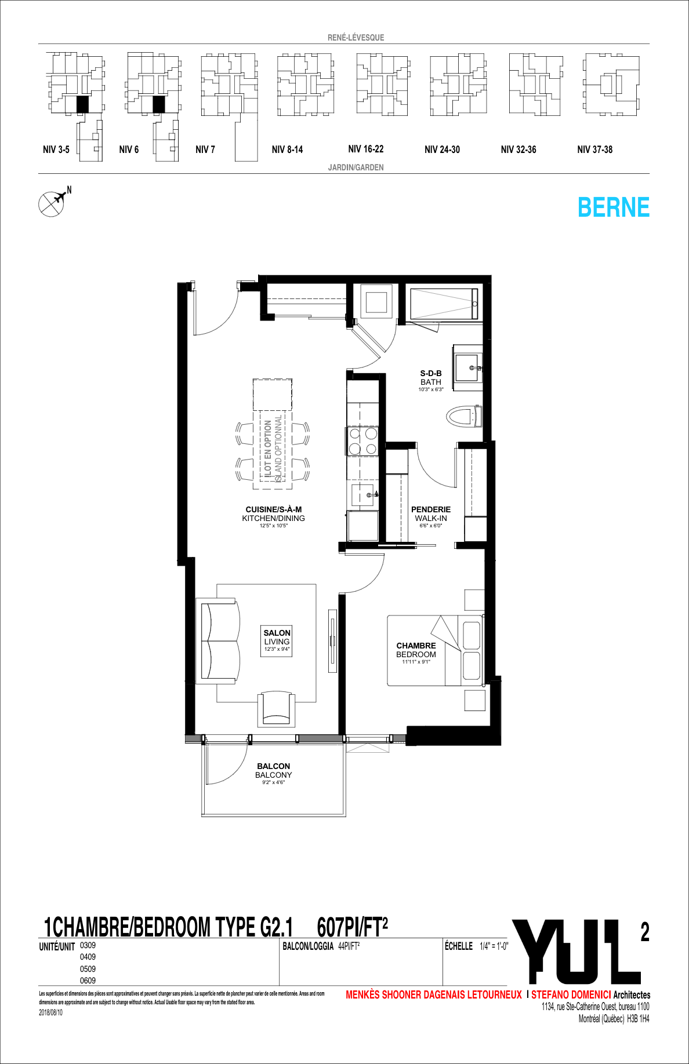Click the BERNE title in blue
pyautogui.click(x=613, y=207)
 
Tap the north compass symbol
pyautogui.click(x=52, y=203)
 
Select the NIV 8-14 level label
pyautogui.click(x=287, y=150)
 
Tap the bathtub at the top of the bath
pyautogui.click(x=444, y=303)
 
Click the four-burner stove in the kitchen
pyautogui.click(x=363, y=440)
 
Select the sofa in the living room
pyautogui.click(x=220, y=641)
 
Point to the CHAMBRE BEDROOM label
pyautogui.click(x=416, y=650)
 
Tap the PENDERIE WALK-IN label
pyautogui.click(x=431, y=514)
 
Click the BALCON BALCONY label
pyautogui.click(x=273, y=771)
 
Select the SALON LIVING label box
pyautogui.click(x=277, y=640)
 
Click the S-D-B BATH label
pyautogui.click(x=431, y=378)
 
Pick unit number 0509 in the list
pyautogui.click(x=88, y=969)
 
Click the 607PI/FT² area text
pyautogui.click(x=352, y=927)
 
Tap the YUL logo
pyautogui.click(x=577, y=952)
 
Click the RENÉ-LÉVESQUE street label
pyautogui.click(x=356, y=38)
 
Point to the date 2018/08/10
pyautogui.click(x=50, y=1012)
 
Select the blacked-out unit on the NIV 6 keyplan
pyautogui.click(x=159, y=104)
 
